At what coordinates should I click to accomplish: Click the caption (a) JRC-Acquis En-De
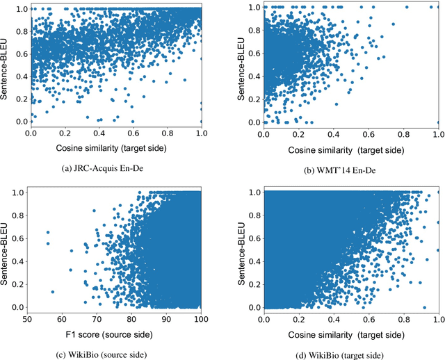coord(115,167)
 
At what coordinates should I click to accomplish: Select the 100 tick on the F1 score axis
coord(201,318)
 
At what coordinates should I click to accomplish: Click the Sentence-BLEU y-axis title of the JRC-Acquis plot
coord(6,65)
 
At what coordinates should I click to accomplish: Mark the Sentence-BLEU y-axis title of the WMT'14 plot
coord(241,65)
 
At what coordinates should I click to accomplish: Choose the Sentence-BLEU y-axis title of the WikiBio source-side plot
coord(6,248)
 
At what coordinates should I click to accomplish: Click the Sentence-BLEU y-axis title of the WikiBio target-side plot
coord(241,248)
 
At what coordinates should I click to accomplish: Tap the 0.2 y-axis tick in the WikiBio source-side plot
coord(19,282)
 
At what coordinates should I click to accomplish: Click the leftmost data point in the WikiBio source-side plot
coord(47,232)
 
